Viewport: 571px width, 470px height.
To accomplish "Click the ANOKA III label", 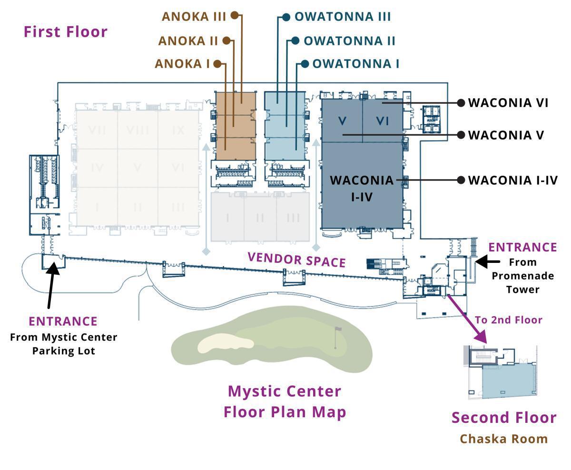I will coord(193,16).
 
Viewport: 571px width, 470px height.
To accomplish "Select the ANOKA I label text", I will coord(182,64).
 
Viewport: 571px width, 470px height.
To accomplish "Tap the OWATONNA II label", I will coord(349,41).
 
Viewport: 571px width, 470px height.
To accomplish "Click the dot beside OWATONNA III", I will coord(286,17).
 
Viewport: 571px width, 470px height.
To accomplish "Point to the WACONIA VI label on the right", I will coord(508,103).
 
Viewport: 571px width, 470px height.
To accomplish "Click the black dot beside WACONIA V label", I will coord(461,135).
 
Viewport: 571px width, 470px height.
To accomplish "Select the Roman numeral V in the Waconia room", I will coord(342,121).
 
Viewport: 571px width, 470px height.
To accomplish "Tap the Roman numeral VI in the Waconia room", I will coord(383,121).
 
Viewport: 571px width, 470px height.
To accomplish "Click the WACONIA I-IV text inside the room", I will coord(362,188).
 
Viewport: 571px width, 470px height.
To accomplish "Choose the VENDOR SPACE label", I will coord(296,260).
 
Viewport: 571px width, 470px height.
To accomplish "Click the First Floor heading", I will coord(66,32).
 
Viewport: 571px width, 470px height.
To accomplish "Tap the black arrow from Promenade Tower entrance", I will coord(487,261).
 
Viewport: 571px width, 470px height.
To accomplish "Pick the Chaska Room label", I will coord(503,439).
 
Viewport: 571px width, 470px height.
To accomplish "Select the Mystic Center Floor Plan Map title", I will coord(285,401).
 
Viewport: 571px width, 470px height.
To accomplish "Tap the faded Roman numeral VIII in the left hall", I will coord(137,130).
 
